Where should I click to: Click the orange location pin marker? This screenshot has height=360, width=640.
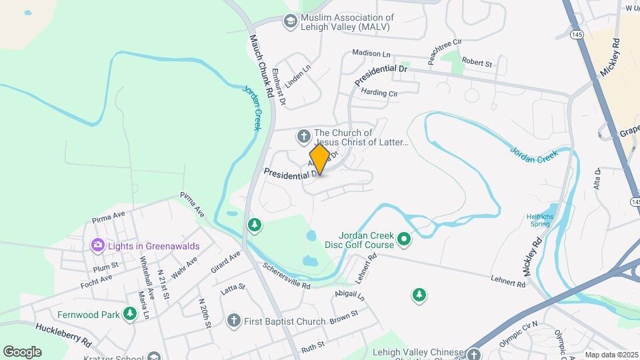pos(319,159)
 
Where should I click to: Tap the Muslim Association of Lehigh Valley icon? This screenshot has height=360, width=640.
pos(290,22)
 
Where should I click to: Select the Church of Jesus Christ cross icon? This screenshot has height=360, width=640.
pos(303,137)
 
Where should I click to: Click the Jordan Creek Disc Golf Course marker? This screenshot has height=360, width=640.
pos(404,239)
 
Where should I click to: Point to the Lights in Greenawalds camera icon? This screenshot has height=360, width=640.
pos(98,246)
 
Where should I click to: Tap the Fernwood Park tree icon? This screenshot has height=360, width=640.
pos(129,315)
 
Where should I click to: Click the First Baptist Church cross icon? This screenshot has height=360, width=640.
pos(233,321)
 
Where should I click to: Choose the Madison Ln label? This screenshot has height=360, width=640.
pos(371,53)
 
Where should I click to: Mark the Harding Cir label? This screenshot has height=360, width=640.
pos(379,93)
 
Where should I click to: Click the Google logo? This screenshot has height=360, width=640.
pos(22,351)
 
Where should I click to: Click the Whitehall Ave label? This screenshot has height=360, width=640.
pos(148,281)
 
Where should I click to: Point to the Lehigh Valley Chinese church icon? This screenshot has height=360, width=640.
pos(474,355)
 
